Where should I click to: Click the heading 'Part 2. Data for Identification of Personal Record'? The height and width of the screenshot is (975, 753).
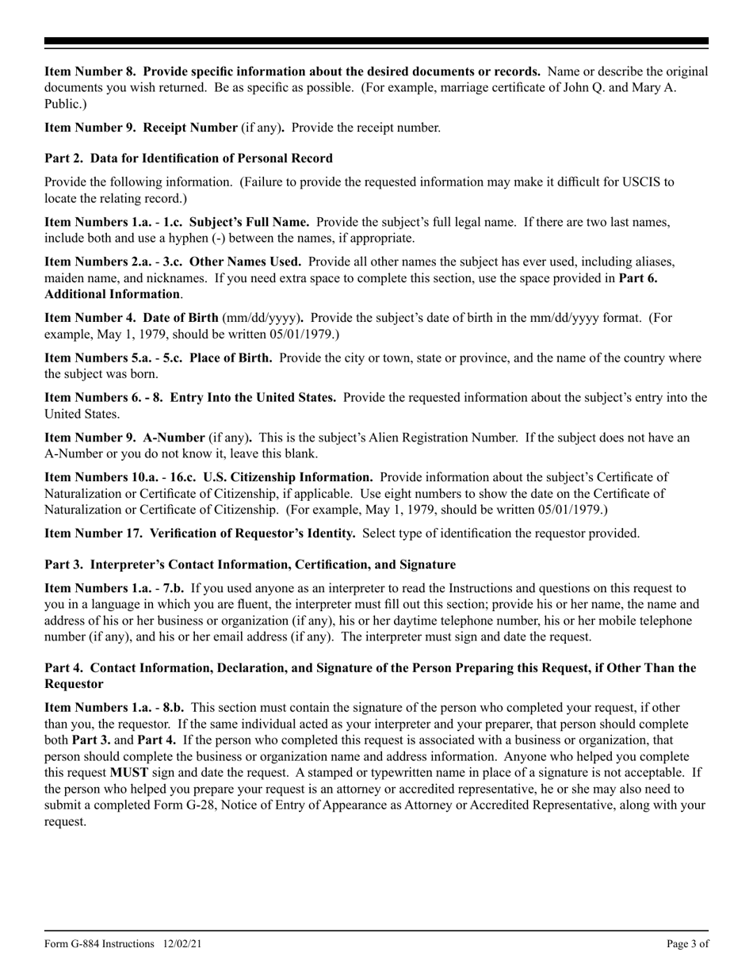(x=189, y=158)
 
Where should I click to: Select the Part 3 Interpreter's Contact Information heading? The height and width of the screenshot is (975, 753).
(x=250, y=564)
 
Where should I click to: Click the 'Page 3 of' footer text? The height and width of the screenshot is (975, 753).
(x=687, y=943)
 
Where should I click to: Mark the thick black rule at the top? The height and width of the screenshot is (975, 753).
(x=376, y=41)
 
